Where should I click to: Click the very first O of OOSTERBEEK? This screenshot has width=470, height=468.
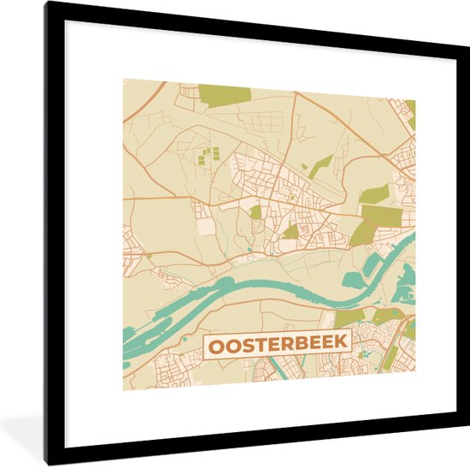[x=214, y=345]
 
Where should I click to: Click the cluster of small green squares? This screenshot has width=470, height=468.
[x=209, y=156]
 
